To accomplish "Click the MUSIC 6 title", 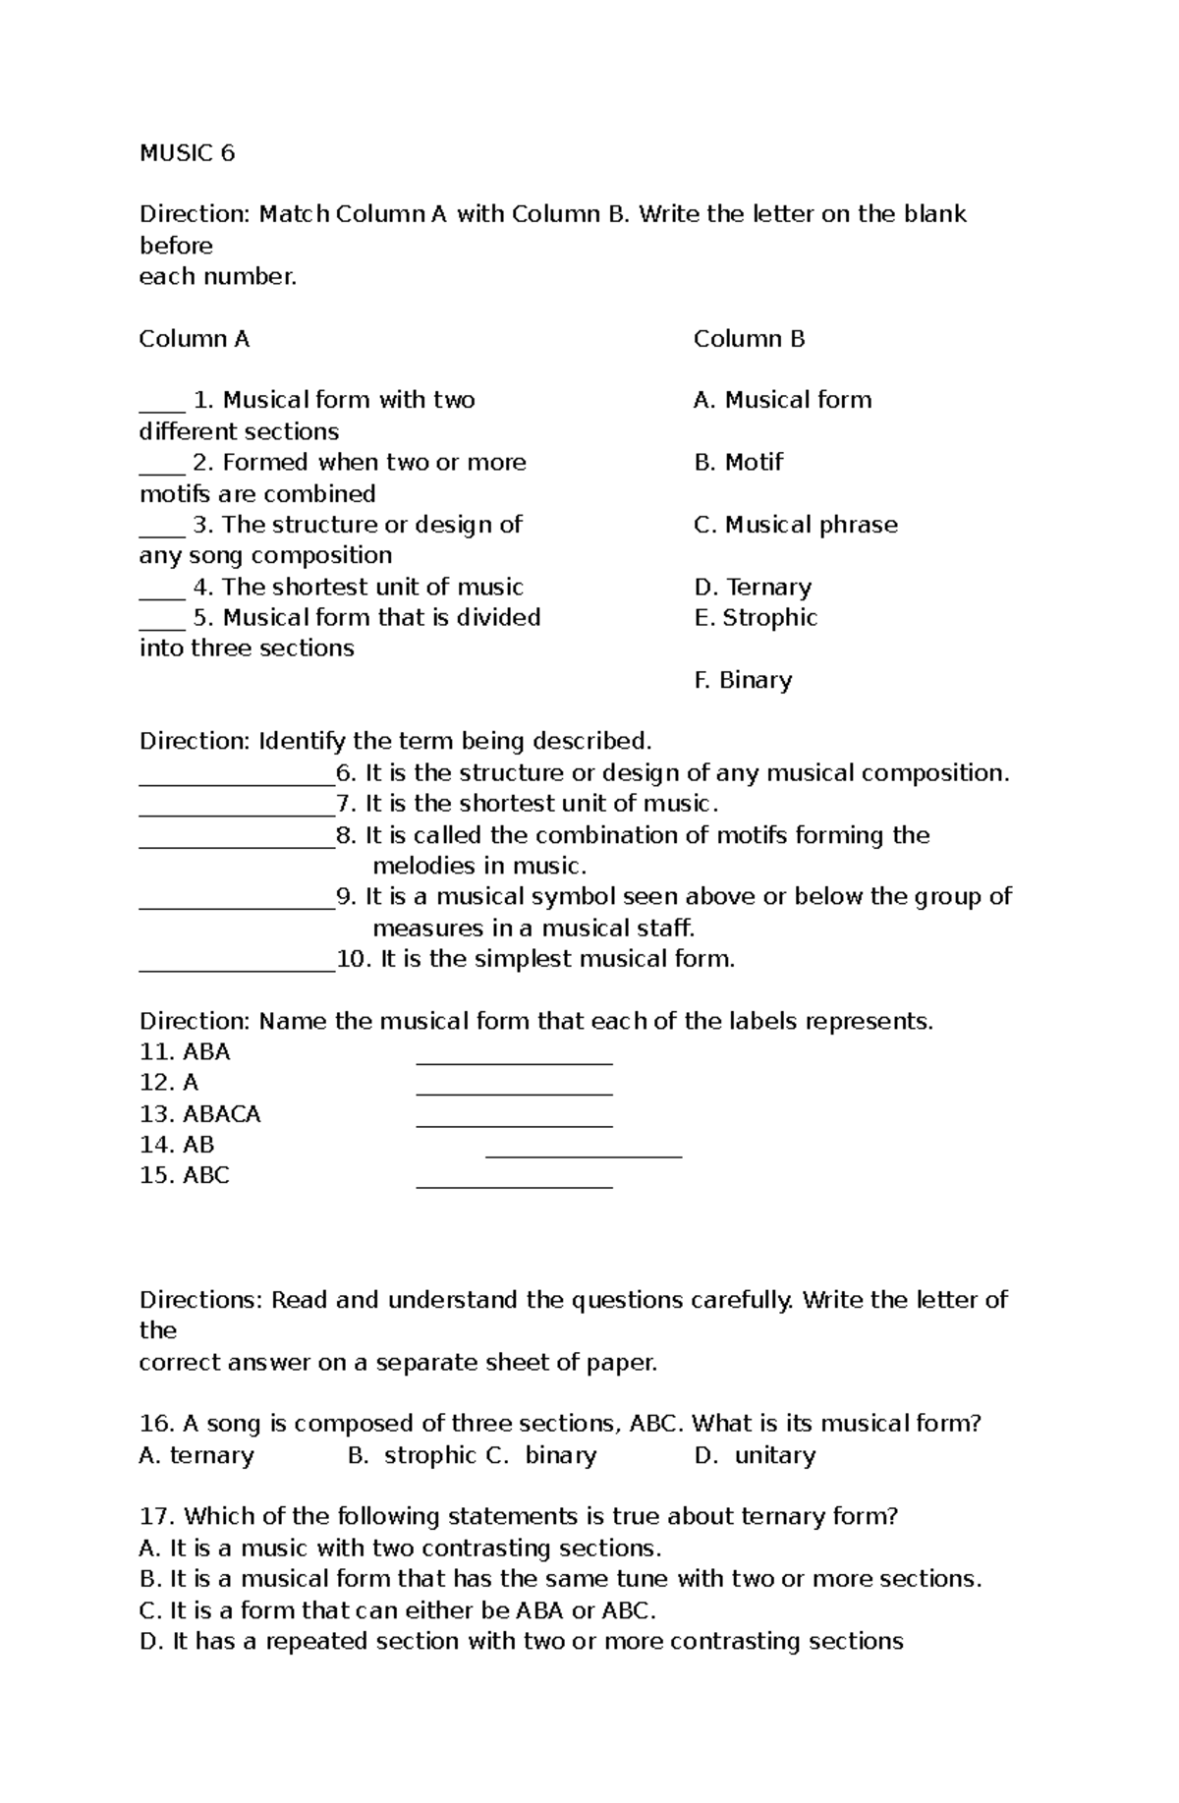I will [x=187, y=153].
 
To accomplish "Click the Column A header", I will [x=194, y=339].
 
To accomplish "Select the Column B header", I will [x=749, y=339].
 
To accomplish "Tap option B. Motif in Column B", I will [x=738, y=462].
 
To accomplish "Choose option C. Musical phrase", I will [x=795, y=525].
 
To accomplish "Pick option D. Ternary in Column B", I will [x=753, y=588].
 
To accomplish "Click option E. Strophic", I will [x=755, y=618].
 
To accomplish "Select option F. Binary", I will [x=743, y=680].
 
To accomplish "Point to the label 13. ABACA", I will [x=199, y=1114].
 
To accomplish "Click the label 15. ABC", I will [x=184, y=1176].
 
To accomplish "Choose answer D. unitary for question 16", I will [x=755, y=1455].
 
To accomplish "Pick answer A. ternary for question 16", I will [x=196, y=1455].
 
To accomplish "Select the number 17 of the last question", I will [x=155, y=1517].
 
